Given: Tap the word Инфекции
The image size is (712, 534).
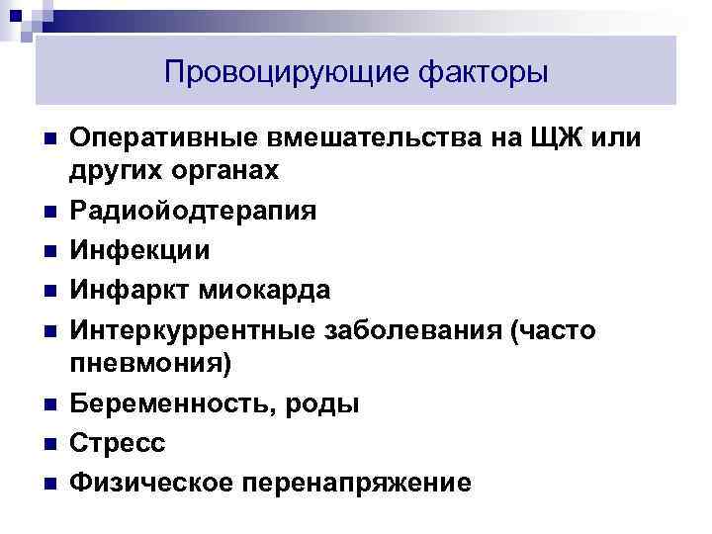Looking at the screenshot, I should (139, 250).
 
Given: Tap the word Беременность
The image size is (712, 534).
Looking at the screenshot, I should (168, 403).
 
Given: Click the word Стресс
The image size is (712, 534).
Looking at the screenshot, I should (117, 442).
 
